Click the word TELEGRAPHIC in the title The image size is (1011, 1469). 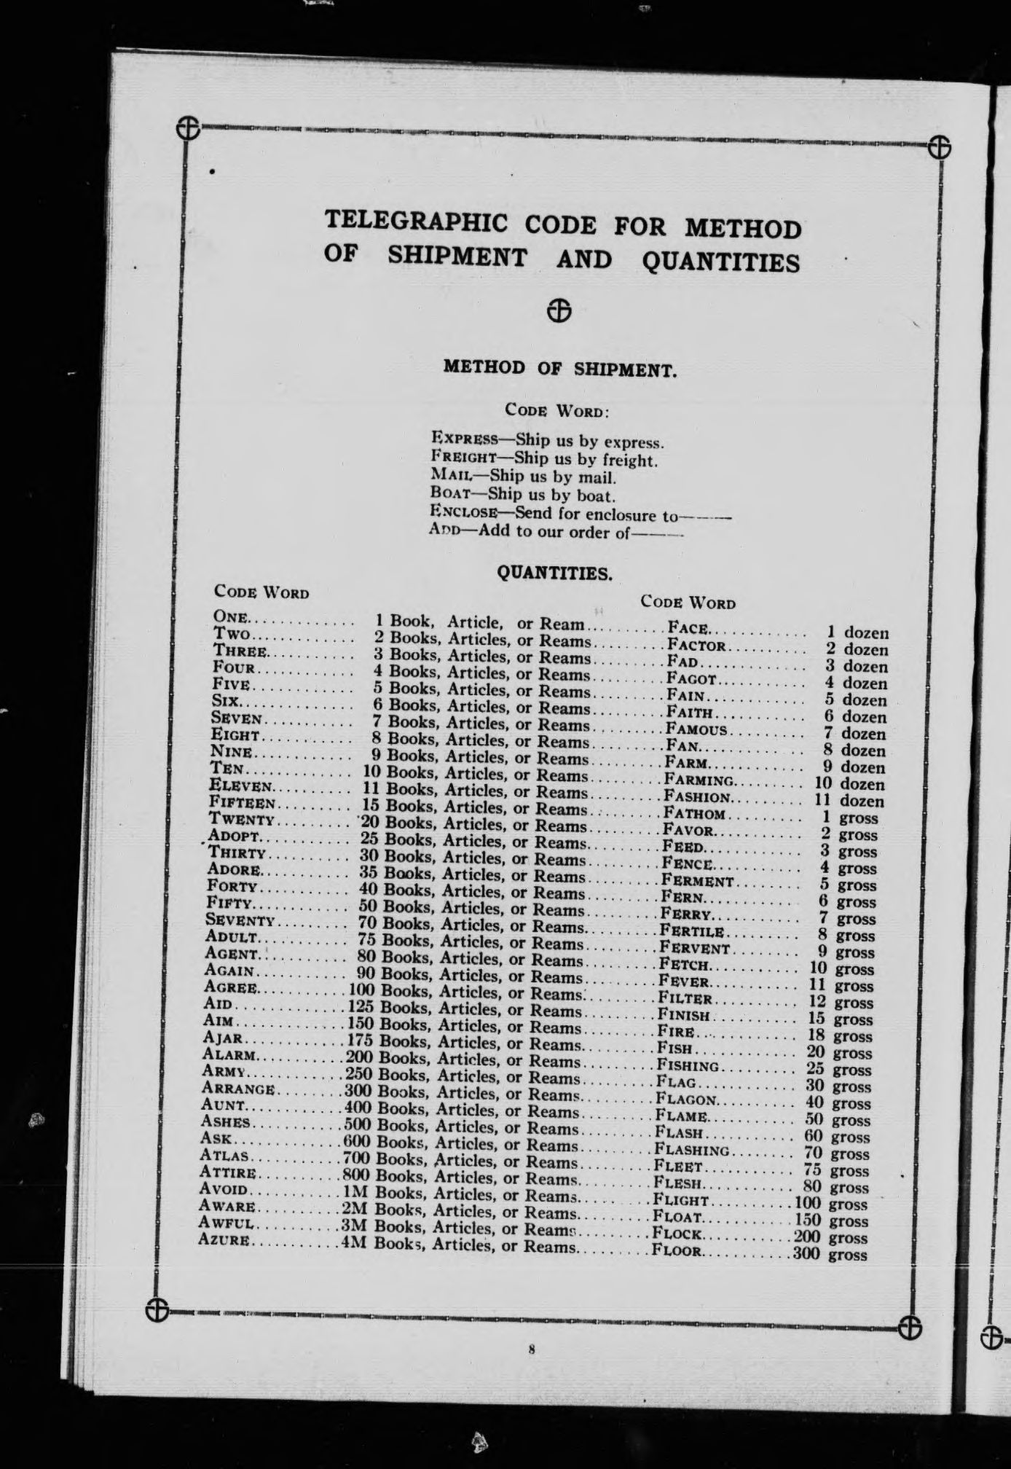415,221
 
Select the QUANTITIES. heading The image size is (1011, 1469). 554,573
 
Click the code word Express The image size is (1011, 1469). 465,439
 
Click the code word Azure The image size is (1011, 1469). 225,1240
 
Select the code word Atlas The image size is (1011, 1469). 226,1156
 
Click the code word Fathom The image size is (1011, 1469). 694,814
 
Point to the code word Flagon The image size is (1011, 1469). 686,1100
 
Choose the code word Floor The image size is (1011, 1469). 677,1251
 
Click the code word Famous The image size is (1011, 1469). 696,729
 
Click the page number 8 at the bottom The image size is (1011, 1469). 532,1349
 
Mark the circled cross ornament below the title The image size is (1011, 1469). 559,310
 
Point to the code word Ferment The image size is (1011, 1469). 697,881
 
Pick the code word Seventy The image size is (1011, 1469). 240,920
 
